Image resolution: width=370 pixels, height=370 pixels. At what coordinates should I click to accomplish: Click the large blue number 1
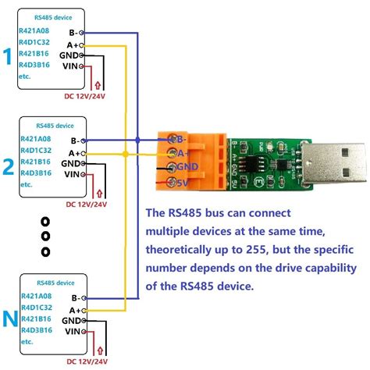[8, 57]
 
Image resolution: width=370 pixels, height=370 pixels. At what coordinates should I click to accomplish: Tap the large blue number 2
[8, 166]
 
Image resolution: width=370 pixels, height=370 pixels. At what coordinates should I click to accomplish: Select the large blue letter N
[9, 319]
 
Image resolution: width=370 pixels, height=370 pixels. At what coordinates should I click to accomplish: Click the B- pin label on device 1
[72, 33]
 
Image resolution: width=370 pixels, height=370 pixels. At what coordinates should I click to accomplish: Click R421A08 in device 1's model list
[34, 30]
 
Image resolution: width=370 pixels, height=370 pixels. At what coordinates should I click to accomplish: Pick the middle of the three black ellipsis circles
[45, 235]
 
